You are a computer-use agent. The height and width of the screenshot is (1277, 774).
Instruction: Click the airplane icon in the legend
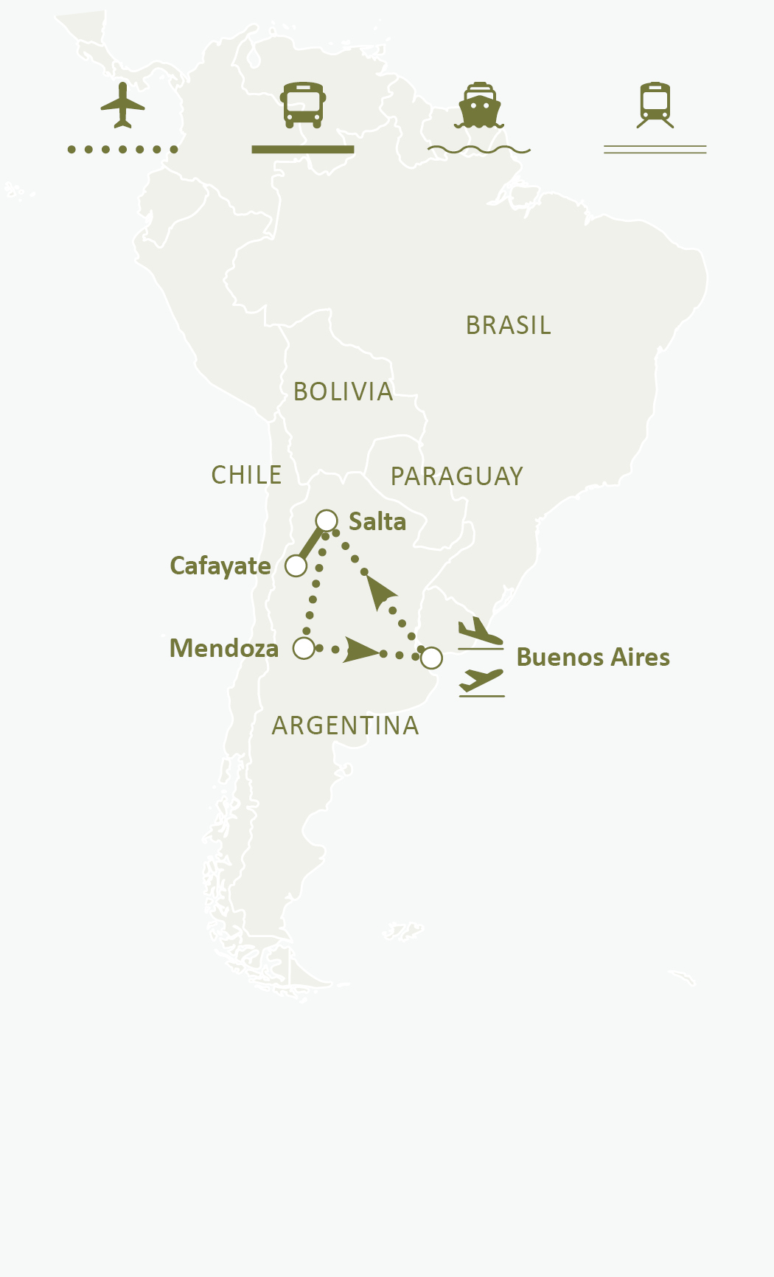pos(122,105)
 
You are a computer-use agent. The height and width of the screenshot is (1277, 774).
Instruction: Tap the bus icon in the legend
pos(303,105)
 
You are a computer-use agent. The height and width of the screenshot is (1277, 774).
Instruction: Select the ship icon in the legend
pos(479,105)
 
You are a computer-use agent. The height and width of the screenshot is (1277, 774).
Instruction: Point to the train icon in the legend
pos(655,105)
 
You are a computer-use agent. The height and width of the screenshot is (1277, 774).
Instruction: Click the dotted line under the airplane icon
pos(122,150)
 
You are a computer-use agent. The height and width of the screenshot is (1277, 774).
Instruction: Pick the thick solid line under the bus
pos(303,150)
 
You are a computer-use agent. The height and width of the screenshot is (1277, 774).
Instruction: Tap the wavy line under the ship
pos(479,150)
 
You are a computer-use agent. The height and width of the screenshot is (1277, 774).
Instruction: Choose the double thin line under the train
pos(655,150)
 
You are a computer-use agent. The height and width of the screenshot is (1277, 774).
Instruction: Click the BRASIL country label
pos(509,325)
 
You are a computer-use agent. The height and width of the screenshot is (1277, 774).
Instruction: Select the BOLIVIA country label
pos(343,392)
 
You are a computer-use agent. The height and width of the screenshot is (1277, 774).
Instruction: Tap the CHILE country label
pos(246,475)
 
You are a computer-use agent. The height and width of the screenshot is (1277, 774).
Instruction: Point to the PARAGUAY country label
pos(456,476)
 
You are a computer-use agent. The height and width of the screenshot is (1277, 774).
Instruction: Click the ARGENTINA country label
pos(345,726)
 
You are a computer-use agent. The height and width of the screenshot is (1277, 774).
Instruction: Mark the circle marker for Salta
pos(327,521)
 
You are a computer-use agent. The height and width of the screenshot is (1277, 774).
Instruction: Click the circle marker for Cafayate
pos(296,566)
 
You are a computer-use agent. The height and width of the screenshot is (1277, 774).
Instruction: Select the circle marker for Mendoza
pos(304,648)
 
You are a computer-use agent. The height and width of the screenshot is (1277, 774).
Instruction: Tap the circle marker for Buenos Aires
pos(431,658)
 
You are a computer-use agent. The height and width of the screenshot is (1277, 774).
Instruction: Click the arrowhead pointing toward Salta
pos(380,591)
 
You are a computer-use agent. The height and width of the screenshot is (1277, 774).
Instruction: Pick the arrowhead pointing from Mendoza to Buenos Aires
pos(359,650)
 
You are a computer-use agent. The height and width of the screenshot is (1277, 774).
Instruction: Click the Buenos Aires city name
pos(593,657)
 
